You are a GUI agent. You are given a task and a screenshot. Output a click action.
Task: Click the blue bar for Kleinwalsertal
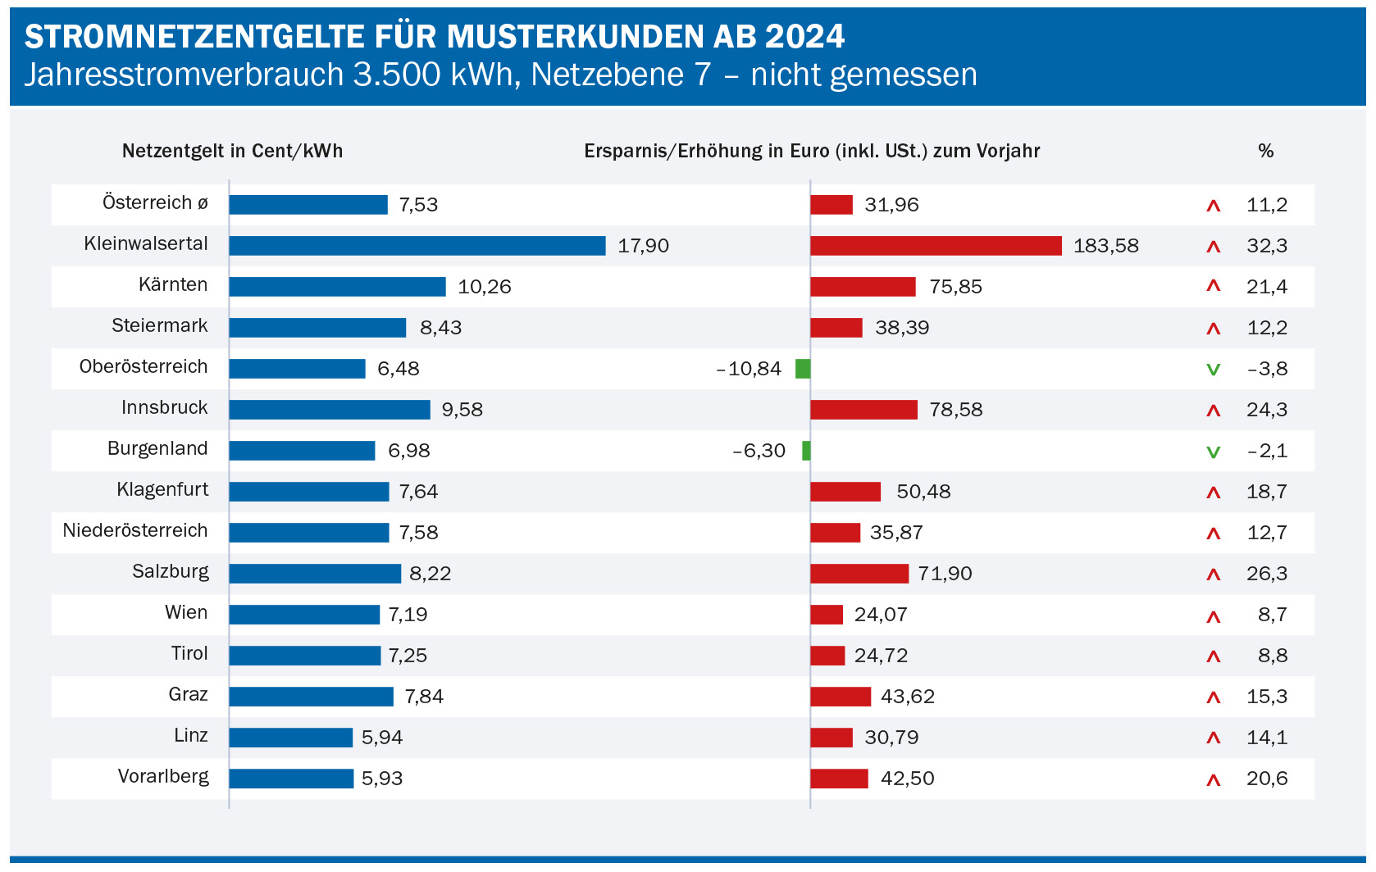(417, 246)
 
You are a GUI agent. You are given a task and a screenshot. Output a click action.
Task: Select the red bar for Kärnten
(863, 287)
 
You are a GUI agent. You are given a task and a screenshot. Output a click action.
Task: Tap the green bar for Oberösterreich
(803, 369)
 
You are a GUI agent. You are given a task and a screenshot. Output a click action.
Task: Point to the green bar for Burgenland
(806, 451)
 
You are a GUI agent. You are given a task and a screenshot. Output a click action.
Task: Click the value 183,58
(1105, 246)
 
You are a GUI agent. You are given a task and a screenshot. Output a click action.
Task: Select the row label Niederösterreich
(135, 531)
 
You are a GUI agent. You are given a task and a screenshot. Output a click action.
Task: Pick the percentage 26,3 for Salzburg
(1266, 574)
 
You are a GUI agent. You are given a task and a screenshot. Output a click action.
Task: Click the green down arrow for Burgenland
(1214, 452)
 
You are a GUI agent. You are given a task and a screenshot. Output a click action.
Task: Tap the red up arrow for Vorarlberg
(1214, 779)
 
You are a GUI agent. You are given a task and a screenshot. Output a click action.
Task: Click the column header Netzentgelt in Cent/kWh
(232, 151)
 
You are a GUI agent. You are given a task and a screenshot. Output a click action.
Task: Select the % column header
(1265, 151)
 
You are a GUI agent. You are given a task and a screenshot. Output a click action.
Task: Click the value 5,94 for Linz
(382, 738)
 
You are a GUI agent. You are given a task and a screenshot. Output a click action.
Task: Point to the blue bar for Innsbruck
(330, 410)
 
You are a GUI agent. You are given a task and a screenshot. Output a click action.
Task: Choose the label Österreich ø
(155, 203)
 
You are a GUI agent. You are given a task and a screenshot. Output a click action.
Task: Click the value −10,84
(750, 369)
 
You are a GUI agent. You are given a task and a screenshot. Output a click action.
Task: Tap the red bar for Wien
(827, 615)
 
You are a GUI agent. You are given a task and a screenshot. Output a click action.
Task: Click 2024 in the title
(804, 36)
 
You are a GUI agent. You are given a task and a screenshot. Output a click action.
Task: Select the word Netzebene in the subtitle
(608, 75)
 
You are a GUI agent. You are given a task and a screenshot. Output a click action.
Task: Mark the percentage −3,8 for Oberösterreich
(1267, 369)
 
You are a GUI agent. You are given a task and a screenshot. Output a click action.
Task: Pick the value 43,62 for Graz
(907, 697)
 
